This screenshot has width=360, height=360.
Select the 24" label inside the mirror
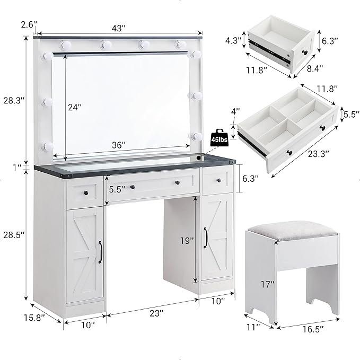(x=75, y=107)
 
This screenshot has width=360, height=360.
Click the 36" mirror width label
(x=119, y=145)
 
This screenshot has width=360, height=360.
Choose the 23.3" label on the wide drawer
(x=317, y=154)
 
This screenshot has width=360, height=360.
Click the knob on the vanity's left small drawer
(x=85, y=194)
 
